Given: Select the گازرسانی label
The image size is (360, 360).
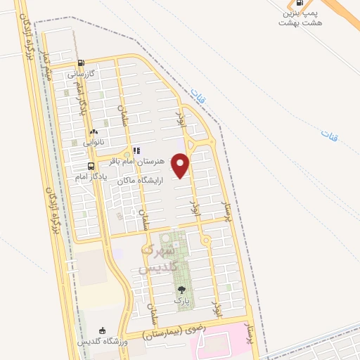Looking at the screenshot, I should [82, 73].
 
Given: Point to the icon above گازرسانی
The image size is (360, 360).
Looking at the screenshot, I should [82, 63].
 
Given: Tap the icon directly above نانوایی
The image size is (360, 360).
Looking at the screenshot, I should [94, 131].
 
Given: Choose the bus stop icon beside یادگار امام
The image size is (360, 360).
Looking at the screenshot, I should [91, 167].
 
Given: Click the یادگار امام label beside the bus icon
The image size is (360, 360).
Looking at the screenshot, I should [91, 176].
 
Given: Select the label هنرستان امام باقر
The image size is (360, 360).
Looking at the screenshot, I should [152, 160].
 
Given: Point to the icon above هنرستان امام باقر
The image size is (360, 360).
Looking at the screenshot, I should [136, 150].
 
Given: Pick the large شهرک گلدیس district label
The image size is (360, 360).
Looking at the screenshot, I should [156, 259].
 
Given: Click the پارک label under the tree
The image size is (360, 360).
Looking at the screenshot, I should [181, 300].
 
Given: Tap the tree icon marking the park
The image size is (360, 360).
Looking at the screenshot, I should [181, 290].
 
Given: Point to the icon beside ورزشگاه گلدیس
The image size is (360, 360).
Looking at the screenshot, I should [103, 331].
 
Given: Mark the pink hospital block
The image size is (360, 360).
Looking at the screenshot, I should [225, 347].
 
